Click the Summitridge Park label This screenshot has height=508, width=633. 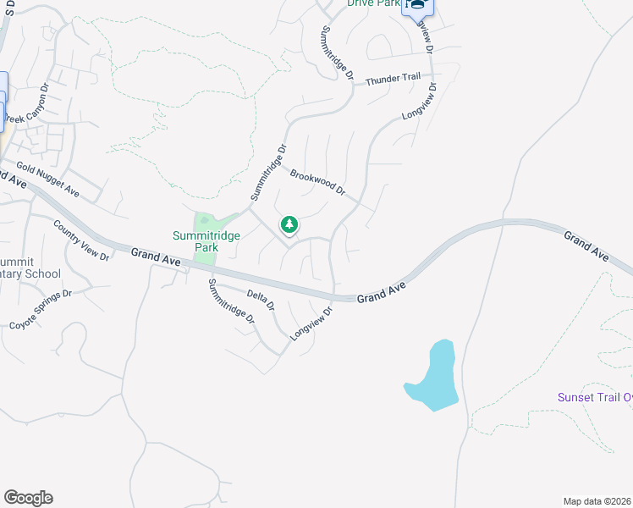195,241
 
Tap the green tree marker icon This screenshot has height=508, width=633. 289,224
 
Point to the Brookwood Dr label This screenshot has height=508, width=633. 317,181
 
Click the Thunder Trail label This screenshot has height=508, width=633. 393,79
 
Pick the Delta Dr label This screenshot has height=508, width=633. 261,301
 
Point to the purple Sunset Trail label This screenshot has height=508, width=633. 594,397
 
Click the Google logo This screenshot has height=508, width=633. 28,498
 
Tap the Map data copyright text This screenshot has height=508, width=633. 597,501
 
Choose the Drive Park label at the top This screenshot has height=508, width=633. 373,3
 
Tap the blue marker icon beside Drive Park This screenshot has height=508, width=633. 417,5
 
